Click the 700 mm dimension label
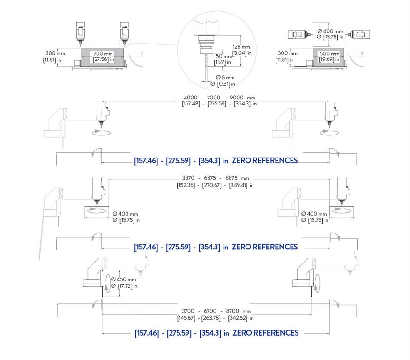click(x=103, y=53)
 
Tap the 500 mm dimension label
click(x=329, y=53)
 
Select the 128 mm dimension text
click(x=241, y=47)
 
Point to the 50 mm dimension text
click(x=224, y=56)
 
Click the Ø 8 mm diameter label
click(x=225, y=77)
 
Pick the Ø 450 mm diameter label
click(x=123, y=279)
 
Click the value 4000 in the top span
click(x=190, y=97)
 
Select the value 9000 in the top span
click(x=236, y=97)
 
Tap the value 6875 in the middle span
click(x=210, y=178)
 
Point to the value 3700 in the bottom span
click(x=188, y=311)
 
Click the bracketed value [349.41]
click(x=238, y=185)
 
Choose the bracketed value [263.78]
click(x=211, y=318)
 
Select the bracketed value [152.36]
click(x=186, y=185)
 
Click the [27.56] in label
click(x=103, y=60)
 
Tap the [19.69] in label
click(x=329, y=60)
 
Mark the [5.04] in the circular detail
click(x=242, y=53)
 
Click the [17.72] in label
click(x=124, y=286)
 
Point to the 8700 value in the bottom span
click(x=232, y=311)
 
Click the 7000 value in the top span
click(x=213, y=97)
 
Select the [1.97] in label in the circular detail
click(x=222, y=62)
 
